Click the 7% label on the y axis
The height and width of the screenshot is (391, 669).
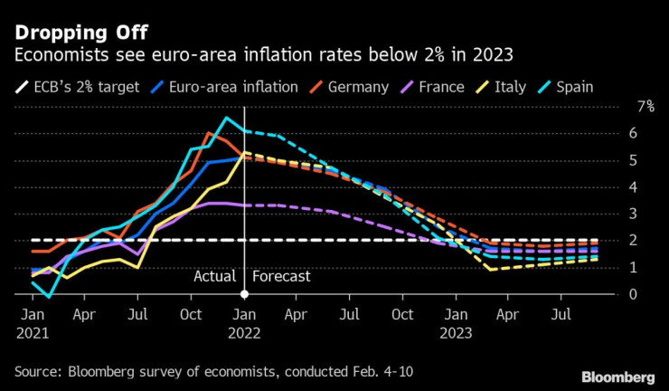645,107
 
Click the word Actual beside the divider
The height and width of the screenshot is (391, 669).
215,276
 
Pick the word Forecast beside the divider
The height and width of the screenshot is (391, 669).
282,276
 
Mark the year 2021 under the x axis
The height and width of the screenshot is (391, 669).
32,333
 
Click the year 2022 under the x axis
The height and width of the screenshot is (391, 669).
245,333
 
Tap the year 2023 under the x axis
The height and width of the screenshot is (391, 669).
457,333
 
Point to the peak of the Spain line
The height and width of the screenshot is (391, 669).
227,118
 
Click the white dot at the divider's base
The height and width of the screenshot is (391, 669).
245,295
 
